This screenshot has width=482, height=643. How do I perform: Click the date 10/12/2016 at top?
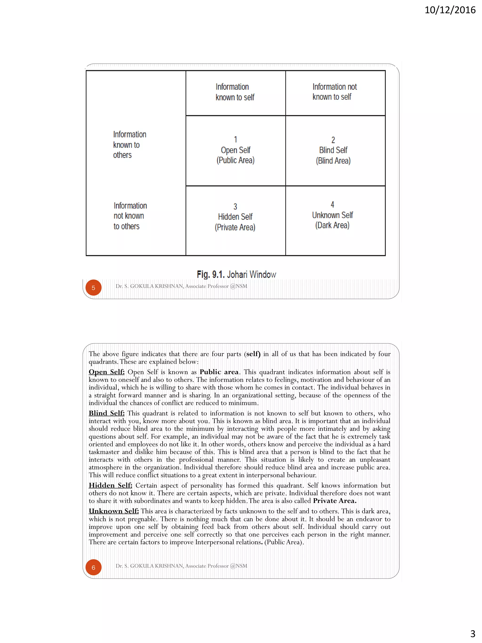(450, 10)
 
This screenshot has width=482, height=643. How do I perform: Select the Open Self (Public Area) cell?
(235, 150)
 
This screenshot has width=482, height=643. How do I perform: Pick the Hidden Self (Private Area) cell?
(235, 217)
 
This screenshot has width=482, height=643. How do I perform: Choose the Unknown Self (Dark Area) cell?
(332, 215)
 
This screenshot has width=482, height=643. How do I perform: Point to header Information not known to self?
(334, 92)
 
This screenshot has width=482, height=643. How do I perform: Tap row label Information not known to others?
(130, 216)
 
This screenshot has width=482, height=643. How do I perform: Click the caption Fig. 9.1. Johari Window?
(236, 274)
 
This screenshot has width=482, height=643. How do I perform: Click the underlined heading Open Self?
(107, 372)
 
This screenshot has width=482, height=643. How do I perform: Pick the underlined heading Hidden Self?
(110, 485)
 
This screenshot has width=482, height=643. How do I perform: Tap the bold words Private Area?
(334, 501)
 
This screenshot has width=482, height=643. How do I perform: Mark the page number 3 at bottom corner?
(473, 633)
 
